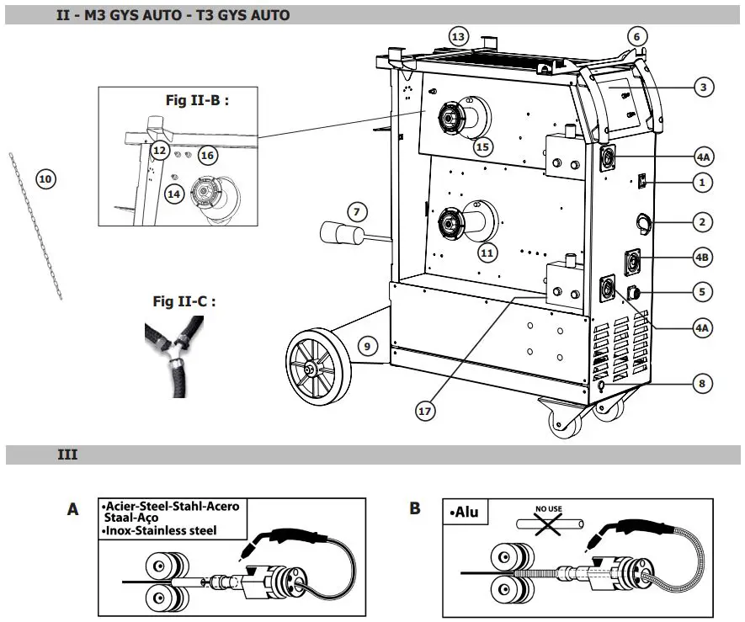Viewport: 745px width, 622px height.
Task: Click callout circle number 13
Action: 458,37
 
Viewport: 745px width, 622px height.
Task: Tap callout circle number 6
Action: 636,36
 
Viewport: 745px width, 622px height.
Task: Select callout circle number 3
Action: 704,86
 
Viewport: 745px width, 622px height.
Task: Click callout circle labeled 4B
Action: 704,256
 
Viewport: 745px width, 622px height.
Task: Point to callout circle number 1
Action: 704,182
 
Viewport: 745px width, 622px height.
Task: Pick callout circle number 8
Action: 704,384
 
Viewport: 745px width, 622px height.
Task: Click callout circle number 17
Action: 427,411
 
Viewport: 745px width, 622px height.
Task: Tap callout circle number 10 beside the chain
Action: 45,178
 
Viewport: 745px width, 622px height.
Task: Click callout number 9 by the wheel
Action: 365,344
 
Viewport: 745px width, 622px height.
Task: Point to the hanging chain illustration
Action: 35,227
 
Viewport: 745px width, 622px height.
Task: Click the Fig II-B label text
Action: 198,100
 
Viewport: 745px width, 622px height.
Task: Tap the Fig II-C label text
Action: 184,300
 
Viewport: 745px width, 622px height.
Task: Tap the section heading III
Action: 67,455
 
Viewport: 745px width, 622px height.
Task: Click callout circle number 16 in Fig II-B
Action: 207,155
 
